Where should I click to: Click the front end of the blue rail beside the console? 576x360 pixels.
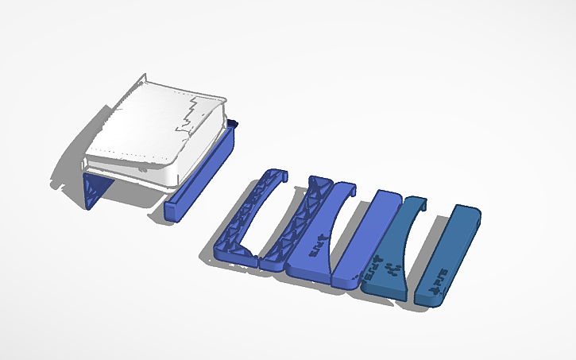174,210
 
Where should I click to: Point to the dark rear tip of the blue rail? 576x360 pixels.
233,123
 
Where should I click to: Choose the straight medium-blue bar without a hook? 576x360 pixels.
365,238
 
